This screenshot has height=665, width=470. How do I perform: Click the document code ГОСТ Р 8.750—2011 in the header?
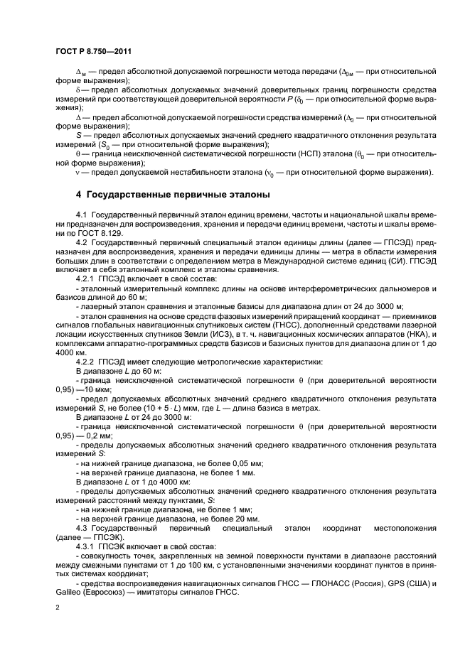tap(93, 51)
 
